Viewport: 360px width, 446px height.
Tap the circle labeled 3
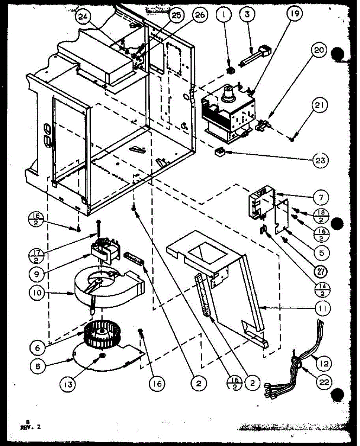(246, 15)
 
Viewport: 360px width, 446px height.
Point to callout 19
(294, 14)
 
